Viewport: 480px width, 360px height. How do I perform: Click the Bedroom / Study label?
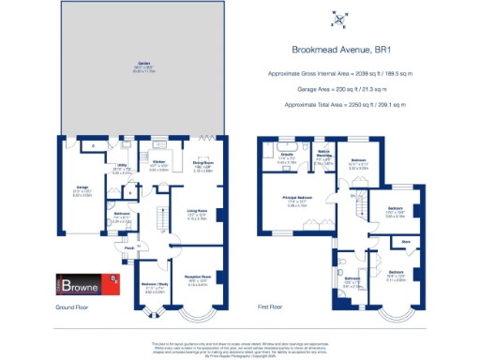click(x=140, y=284)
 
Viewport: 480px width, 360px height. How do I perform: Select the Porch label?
click(x=127, y=248)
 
